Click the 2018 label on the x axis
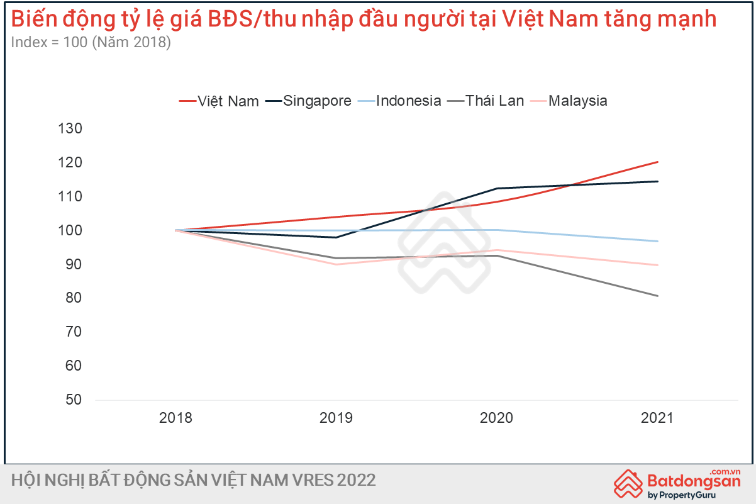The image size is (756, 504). click(x=175, y=418)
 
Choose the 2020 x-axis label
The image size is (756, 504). click(x=497, y=418)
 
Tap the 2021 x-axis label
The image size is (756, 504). click(x=657, y=418)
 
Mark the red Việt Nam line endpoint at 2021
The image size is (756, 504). click(x=657, y=162)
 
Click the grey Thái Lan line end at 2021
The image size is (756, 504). click(x=657, y=296)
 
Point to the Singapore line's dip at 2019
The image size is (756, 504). click(x=336, y=237)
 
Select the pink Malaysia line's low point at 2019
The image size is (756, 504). click(x=336, y=264)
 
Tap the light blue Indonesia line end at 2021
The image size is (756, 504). click(x=657, y=241)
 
